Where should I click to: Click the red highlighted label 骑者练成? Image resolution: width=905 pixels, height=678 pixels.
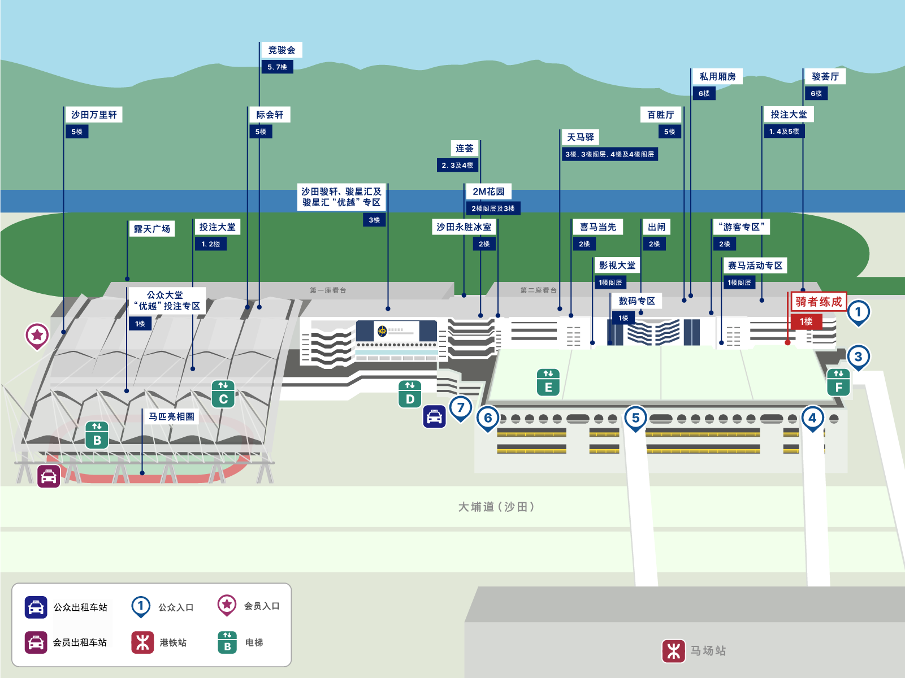click(x=818, y=302)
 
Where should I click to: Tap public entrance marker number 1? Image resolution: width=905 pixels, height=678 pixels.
click(x=858, y=312)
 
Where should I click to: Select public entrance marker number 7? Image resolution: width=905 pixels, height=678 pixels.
click(x=461, y=407)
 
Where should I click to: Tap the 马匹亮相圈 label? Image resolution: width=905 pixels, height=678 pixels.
click(x=171, y=416)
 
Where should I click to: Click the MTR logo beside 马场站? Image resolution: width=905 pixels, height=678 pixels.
click(x=673, y=651)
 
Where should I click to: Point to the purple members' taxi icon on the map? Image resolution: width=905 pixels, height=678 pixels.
click(x=49, y=476)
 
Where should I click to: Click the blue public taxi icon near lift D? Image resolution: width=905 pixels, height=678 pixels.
click(x=434, y=417)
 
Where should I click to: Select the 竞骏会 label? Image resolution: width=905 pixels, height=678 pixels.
click(x=282, y=50)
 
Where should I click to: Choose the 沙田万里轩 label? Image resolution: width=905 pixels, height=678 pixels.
click(x=94, y=115)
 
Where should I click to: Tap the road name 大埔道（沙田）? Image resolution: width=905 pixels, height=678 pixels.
click(x=496, y=507)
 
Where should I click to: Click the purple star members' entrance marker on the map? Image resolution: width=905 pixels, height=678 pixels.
click(x=37, y=335)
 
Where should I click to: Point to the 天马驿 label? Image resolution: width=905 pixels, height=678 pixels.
click(x=581, y=137)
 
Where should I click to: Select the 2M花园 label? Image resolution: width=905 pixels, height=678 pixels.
click(x=488, y=192)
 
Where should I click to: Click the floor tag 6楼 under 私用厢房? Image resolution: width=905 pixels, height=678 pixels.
click(x=704, y=93)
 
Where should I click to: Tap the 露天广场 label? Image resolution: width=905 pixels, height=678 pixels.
click(x=151, y=229)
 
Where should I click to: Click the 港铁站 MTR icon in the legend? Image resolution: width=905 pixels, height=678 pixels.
click(x=142, y=642)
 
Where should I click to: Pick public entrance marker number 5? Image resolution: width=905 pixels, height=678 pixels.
click(x=635, y=418)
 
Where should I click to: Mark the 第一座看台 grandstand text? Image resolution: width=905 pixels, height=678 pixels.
click(x=328, y=290)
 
